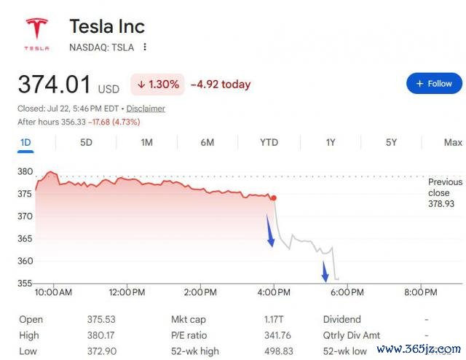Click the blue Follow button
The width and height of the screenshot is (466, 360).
[434, 83]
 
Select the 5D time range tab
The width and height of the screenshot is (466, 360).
[86, 143]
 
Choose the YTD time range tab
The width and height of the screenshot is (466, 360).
[269, 143]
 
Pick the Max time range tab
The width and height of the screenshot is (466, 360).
[453, 143]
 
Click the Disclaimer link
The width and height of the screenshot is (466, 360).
[146, 109]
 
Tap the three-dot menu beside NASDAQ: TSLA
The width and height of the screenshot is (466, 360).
[145, 47]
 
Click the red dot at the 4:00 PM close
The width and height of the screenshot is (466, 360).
[274, 197]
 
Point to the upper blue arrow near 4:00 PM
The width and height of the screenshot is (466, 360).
[270, 230]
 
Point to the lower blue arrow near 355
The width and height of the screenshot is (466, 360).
[325, 271]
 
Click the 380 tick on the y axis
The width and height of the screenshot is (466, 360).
[25, 171]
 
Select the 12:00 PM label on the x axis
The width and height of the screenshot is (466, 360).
[127, 292]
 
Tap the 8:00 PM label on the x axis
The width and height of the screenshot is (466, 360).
[421, 292]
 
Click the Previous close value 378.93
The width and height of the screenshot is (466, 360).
[441, 204]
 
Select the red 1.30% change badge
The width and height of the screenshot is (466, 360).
[157, 85]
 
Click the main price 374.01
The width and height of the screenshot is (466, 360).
[55, 85]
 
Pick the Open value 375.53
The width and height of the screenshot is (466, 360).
[101, 319]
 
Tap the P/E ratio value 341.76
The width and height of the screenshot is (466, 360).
[277, 335]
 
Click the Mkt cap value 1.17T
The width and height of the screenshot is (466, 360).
[274, 319]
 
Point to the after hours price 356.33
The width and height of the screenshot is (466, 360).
[74, 122]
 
